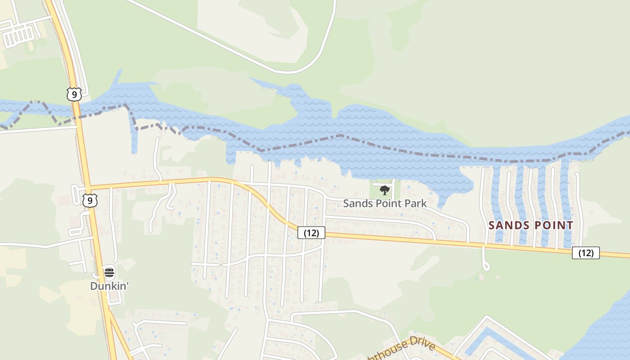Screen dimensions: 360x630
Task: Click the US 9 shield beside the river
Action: click(74, 94)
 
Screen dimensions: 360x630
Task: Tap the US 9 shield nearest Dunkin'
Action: click(90, 200)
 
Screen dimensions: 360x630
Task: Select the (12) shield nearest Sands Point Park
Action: click(311, 233)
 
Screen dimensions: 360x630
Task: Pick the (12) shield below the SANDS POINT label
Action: click(585, 253)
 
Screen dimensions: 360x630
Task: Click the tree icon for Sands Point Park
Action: click(384, 190)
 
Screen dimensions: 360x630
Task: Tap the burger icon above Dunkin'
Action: click(109, 273)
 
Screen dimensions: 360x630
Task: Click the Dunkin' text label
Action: click(109, 286)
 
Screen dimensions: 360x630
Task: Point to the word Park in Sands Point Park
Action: click(415, 203)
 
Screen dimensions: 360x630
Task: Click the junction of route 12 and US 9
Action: click(88, 188)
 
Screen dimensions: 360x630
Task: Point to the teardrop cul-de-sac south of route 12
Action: click(486, 266)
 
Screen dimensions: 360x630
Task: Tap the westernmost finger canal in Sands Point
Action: click(496, 202)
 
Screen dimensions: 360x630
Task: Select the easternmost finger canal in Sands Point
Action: click(565, 202)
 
